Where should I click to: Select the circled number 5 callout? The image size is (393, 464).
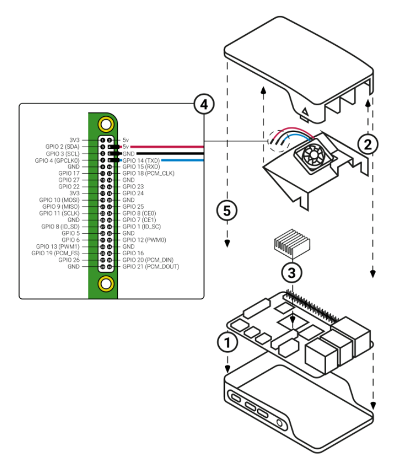tap(227, 210)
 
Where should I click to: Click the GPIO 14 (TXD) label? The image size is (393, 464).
tap(141, 160)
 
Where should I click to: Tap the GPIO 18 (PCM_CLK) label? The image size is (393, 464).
tap(148, 173)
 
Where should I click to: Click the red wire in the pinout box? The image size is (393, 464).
tap(169, 147)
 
